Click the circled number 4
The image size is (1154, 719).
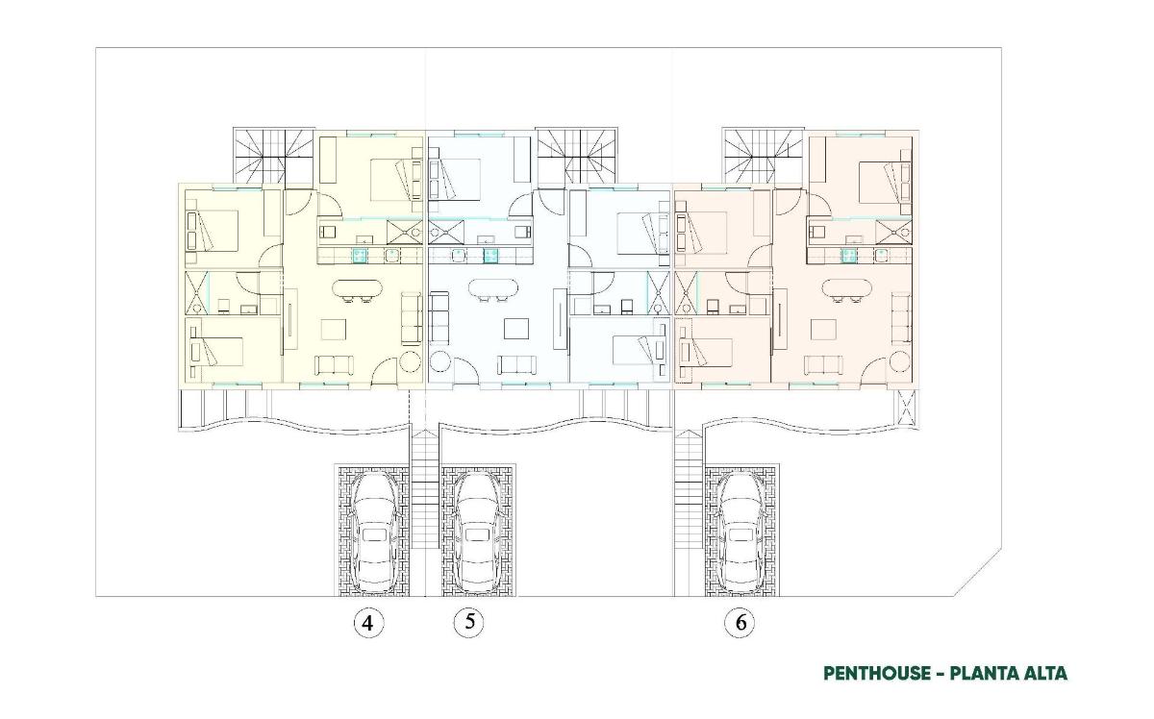pos(367,623)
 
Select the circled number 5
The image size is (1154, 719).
pos(469,622)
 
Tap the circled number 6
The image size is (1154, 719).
pos(740,623)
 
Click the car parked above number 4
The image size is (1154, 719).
pos(374,532)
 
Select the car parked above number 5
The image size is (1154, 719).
pos(477,532)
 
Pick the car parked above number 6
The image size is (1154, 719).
pos(740,532)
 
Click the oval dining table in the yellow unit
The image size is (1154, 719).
pos(358,289)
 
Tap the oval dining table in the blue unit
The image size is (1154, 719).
pos(493,288)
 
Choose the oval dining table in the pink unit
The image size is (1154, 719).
pos(847,288)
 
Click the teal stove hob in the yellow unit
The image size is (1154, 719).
pos(360,255)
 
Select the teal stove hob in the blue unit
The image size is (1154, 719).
pos(490,255)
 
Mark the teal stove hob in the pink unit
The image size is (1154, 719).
pos(848,255)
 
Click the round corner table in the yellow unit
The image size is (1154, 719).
pos(410,361)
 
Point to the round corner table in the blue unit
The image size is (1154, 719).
pos(440,361)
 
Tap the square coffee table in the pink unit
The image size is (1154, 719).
pos(823,329)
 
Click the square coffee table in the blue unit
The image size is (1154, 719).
pos(516,329)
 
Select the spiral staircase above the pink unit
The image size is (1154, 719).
pos(763,156)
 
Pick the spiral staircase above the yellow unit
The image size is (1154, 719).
pos(273,156)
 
